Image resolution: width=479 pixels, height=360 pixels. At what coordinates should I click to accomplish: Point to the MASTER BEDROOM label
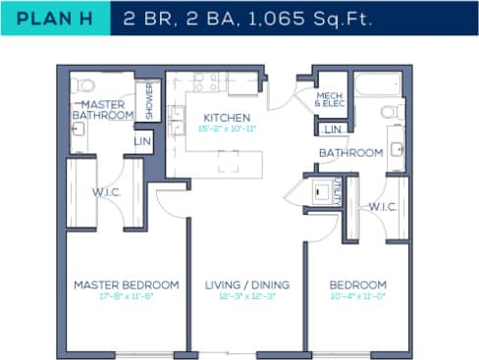126,284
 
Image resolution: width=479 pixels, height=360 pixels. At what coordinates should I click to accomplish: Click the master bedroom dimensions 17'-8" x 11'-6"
126,296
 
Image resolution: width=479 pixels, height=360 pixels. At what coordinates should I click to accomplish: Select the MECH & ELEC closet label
329,100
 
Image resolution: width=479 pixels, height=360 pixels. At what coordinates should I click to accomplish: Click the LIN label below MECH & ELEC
333,129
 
